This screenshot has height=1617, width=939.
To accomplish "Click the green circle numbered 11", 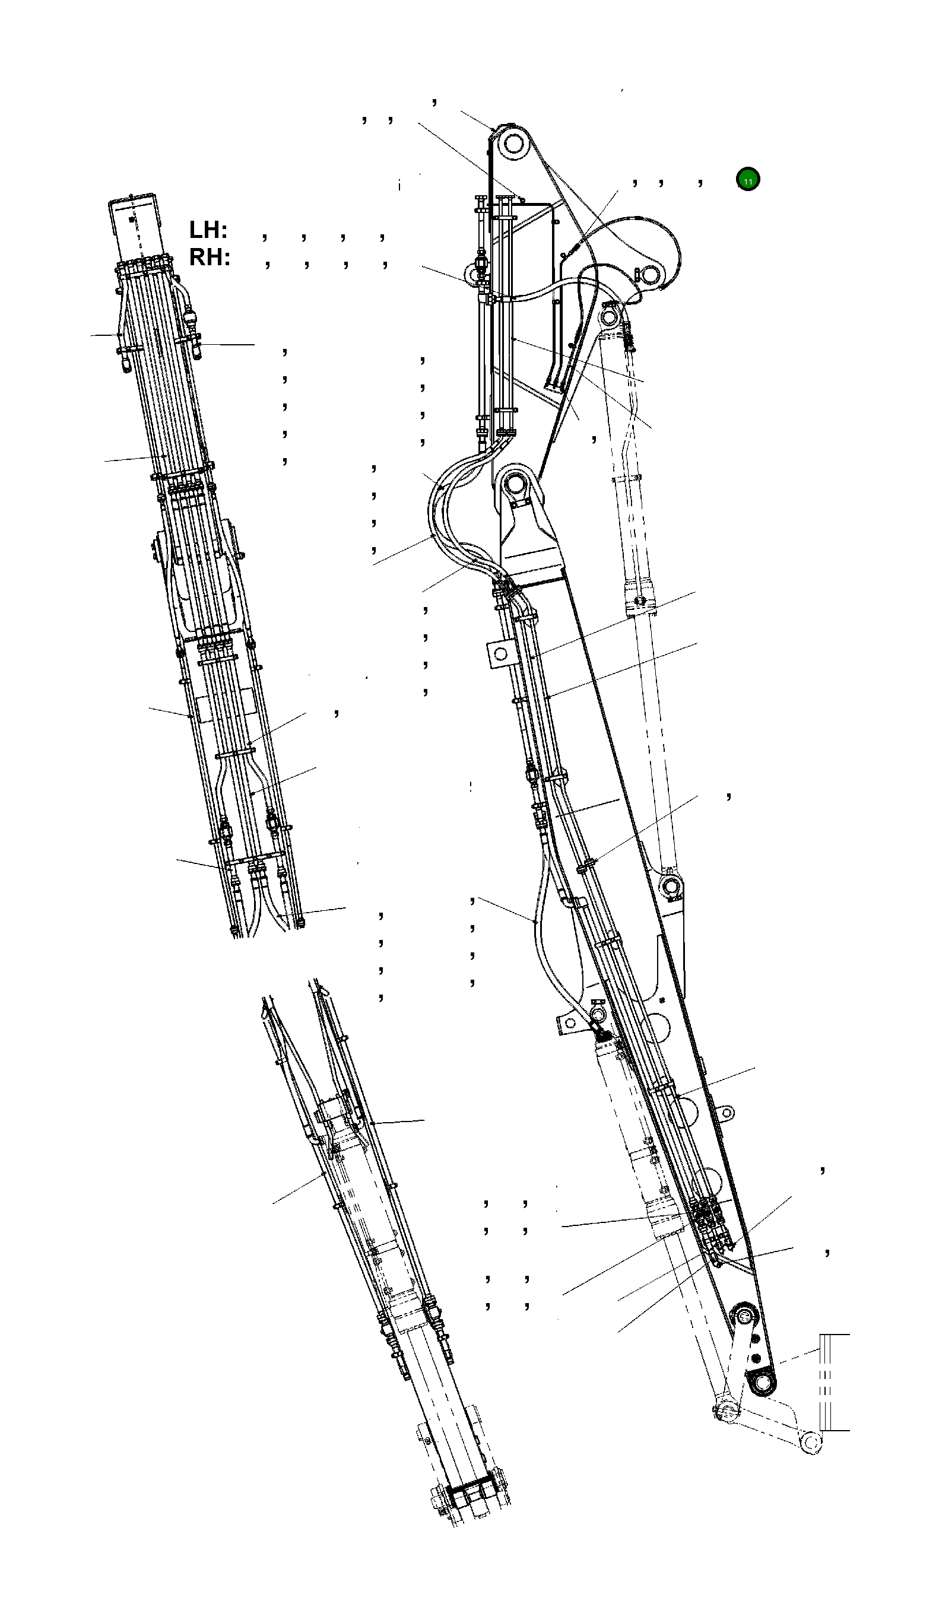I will click(748, 180).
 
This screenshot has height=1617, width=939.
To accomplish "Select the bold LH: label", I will click(208, 230).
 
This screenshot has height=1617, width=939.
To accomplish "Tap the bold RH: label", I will click(210, 258).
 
